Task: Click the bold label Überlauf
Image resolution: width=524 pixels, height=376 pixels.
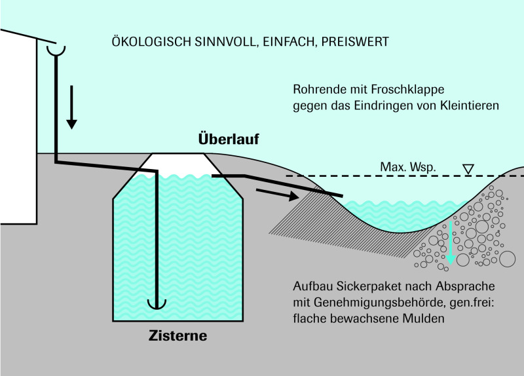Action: coord(229,138)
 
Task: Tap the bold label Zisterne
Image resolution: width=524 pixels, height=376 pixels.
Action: coord(178,335)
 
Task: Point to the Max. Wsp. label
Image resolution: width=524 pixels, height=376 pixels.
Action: coord(408,167)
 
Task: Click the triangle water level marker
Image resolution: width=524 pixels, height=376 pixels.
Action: coord(468,169)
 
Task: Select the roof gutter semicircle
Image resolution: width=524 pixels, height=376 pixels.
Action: coord(56,51)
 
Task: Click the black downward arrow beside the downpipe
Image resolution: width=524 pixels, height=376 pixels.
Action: coord(71,107)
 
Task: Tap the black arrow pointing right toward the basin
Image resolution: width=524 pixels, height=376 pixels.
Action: coord(277,195)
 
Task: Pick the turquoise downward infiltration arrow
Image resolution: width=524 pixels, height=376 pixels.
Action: coord(451,242)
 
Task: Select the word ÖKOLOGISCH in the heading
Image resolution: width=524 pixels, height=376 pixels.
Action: coord(152,42)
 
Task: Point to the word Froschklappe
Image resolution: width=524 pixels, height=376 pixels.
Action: coord(407,90)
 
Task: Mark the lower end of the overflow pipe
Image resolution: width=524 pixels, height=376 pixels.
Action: coord(342,195)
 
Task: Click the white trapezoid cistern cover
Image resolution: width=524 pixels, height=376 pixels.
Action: coord(178,164)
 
